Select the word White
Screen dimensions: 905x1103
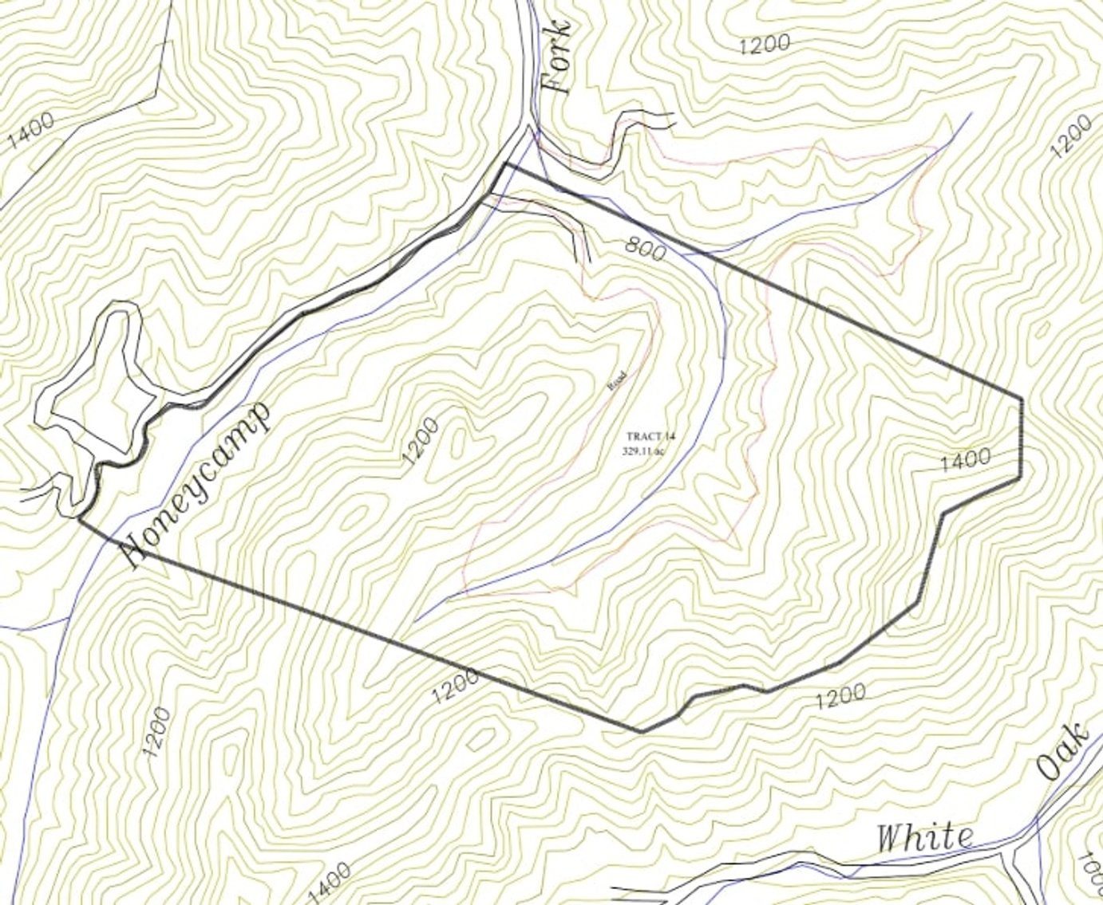pyautogui.click(x=925, y=837)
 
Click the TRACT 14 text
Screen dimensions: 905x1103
pyautogui.click(x=650, y=436)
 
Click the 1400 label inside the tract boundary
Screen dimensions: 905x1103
pyautogui.click(x=966, y=459)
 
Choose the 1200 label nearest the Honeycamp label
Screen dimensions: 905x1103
pyautogui.click(x=421, y=443)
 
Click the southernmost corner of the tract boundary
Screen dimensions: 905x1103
pyautogui.click(x=641, y=730)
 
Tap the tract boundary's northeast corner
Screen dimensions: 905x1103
pyautogui.click(x=1022, y=396)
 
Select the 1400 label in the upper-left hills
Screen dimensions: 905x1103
pyautogui.click(x=32, y=130)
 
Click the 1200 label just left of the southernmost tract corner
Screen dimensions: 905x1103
pyautogui.click(x=456, y=687)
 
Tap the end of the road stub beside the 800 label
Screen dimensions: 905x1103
pyautogui.click(x=588, y=262)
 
